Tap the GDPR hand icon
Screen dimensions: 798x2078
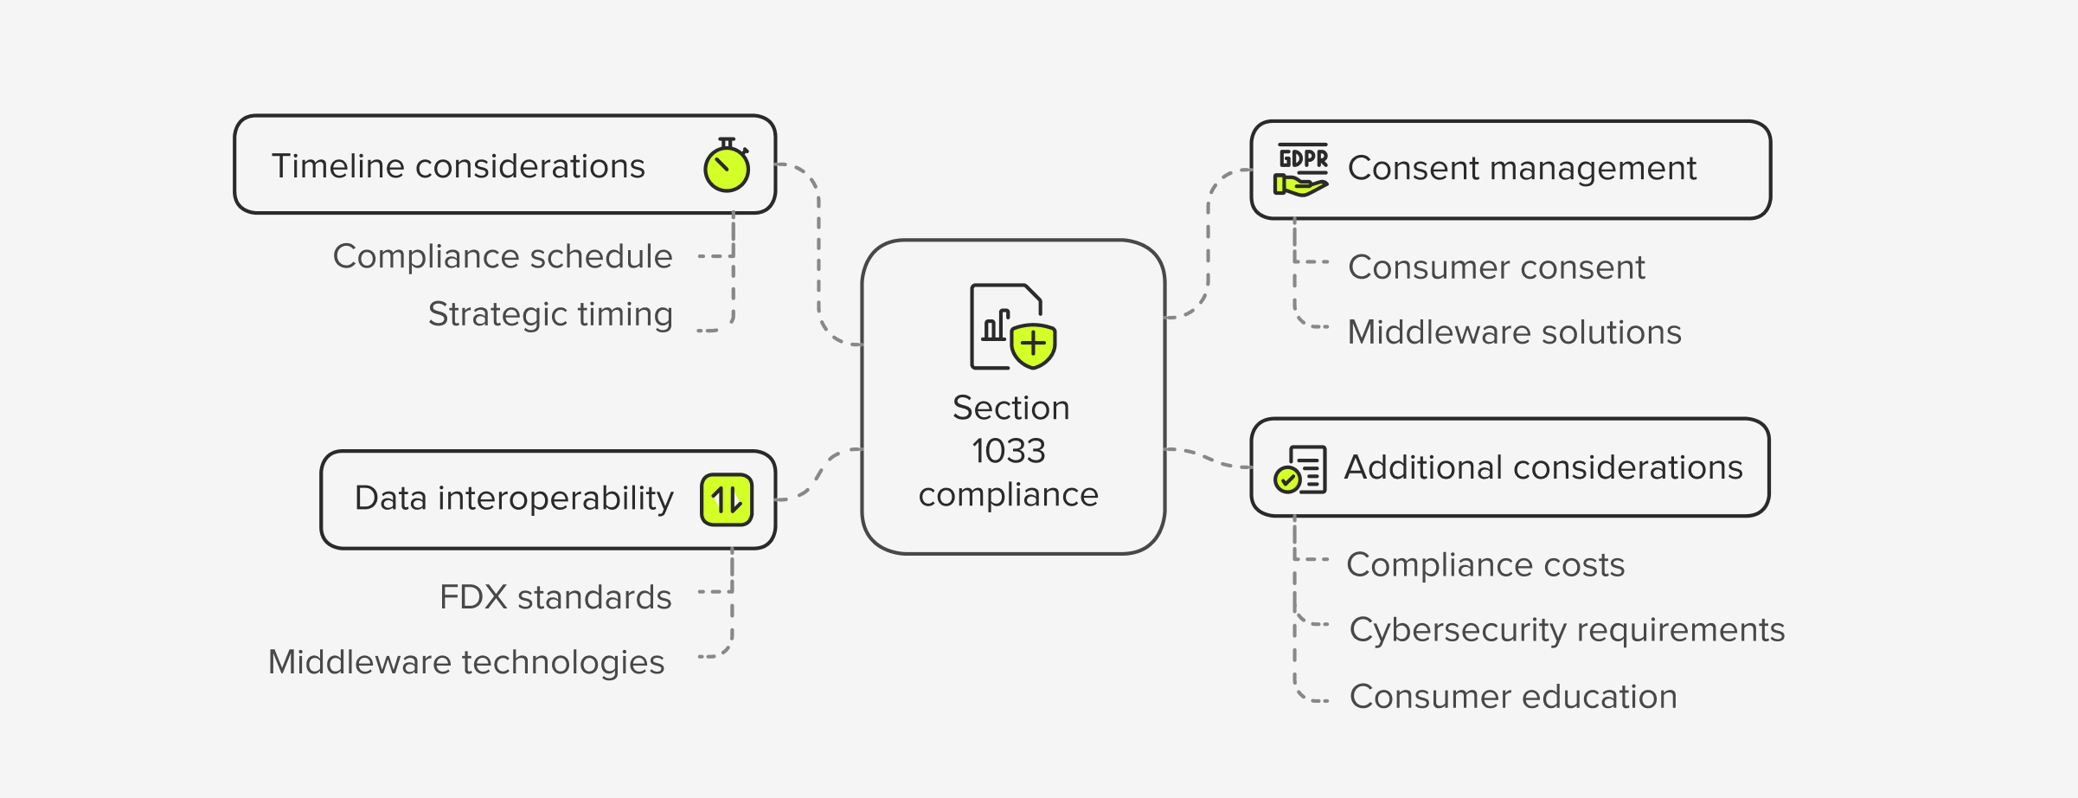[1301, 170]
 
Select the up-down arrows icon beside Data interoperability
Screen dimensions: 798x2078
[726, 499]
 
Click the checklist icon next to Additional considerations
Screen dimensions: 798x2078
[1300, 469]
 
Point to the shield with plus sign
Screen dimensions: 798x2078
[1033, 345]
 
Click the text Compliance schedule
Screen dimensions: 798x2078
[503, 256]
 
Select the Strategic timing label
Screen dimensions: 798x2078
[550, 314]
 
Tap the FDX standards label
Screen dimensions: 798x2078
[555, 597]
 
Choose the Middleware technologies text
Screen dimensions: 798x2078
[466, 662]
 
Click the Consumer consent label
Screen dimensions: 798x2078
[1496, 267]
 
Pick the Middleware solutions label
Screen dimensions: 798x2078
[1514, 332]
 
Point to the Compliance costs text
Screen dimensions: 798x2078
[1485, 565]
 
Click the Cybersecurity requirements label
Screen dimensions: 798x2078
[1567, 630]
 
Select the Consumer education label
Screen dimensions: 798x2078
[1513, 697]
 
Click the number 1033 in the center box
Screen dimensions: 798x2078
[1009, 451]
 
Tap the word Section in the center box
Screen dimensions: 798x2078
[1010, 408]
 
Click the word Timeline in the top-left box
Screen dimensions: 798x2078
[338, 166]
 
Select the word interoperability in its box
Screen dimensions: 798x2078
[555, 499]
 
